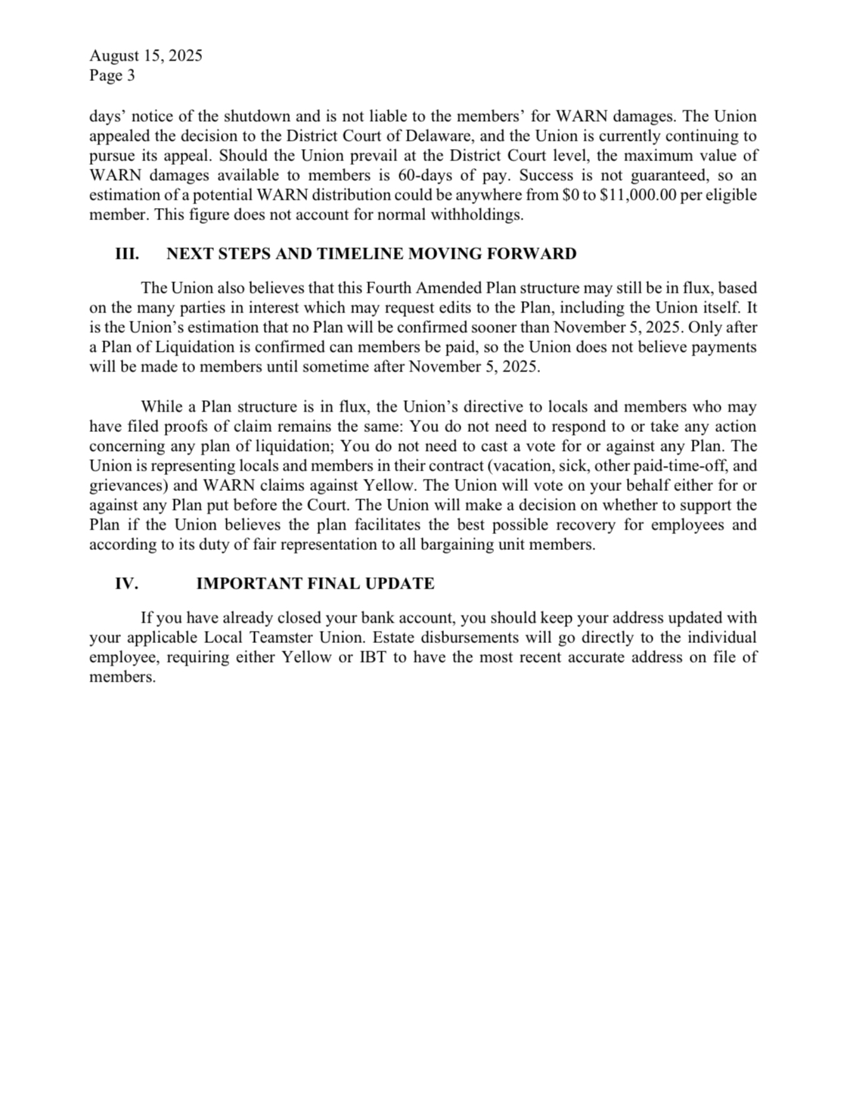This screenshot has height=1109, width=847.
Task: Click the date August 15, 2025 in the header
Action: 145,55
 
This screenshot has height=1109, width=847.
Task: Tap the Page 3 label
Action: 112,75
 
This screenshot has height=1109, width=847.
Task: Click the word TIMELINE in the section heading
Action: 359,254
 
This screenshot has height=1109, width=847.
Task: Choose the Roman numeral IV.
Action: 126,584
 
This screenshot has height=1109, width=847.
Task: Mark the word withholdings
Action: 476,215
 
